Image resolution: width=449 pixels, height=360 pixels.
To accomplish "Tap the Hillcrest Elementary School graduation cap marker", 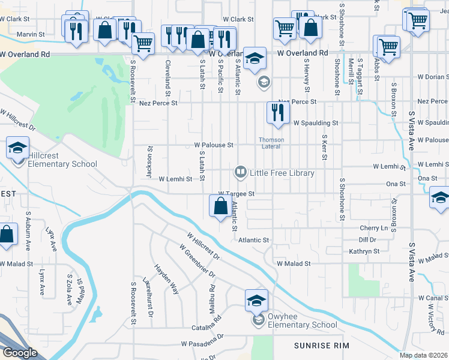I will (18, 148).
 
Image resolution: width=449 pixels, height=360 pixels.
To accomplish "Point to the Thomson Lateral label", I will (271, 143).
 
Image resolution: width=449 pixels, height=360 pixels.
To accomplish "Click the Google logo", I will (20, 353).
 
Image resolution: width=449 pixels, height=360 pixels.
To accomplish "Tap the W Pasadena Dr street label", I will (202, 344).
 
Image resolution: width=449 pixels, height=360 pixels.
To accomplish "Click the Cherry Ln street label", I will (373, 229).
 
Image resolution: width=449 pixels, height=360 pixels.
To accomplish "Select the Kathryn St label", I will (364, 251).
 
